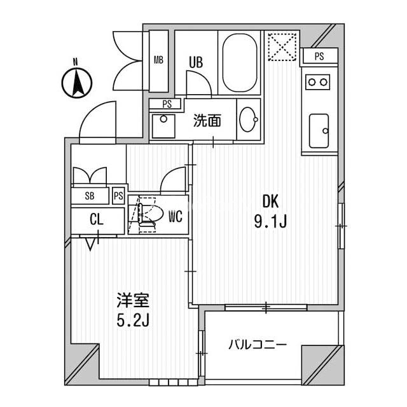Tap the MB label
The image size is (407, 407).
(x=158, y=60)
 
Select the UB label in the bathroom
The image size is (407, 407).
(x=196, y=62)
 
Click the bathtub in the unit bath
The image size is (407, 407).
(x=240, y=62)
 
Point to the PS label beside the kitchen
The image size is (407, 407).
(x=319, y=56)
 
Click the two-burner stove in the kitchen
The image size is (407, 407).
(x=317, y=82)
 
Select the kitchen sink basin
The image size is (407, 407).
(x=319, y=131)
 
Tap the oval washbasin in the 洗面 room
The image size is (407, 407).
(x=249, y=120)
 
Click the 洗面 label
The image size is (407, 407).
(x=207, y=121)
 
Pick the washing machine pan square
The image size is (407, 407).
(x=163, y=126)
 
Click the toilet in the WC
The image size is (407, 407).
(x=150, y=214)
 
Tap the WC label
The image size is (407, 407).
(x=176, y=216)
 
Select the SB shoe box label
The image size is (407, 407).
(x=90, y=196)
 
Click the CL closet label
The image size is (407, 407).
(x=97, y=219)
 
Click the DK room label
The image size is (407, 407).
(x=270, y=202)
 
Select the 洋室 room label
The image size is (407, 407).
(x=133, y=301)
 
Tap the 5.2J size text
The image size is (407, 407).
(x=133, y=320)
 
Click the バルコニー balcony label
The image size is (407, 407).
(x=258, y=345)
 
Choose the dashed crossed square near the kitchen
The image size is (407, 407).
(x=282, y=46)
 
